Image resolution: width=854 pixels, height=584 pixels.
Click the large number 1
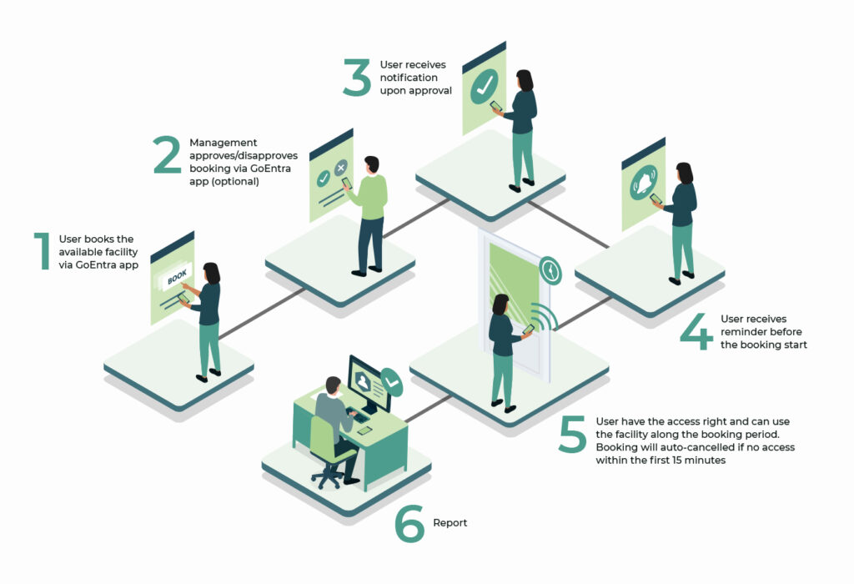[43, 251]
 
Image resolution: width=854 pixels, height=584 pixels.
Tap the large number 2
[167, 154]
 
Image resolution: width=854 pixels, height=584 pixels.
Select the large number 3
[357, 78]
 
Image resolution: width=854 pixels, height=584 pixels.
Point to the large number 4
[696, 331]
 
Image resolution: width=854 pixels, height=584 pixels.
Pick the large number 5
[572, 434]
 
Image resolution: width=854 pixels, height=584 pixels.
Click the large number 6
[409, 524]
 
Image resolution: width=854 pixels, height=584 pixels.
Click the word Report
[450, 523]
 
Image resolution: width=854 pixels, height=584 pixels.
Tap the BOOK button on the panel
[177, 277]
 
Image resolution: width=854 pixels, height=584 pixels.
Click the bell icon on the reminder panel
[644, 182]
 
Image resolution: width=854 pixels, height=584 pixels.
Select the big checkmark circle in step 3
[485, 86]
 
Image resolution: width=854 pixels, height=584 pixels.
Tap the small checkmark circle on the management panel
[324, 178]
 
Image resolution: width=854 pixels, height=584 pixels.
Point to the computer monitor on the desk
[369, 384]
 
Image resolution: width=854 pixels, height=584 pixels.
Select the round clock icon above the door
[550, 271]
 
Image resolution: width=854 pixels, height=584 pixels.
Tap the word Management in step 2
[224, 143]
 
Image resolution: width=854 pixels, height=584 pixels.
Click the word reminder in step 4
[761, 331]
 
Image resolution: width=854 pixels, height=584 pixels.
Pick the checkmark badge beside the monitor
[392, 382]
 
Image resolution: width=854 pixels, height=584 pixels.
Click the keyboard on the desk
[357, 416]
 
